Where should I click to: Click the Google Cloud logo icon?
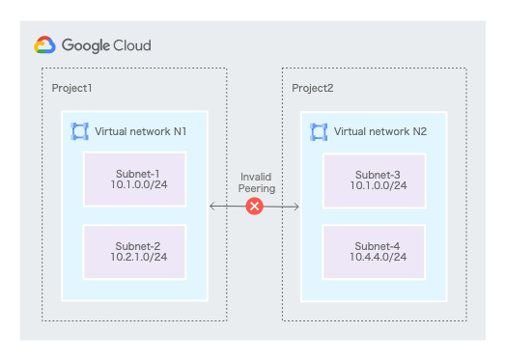point(44,44)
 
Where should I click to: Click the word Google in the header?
point(86,45)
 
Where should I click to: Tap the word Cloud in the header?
point(132,45)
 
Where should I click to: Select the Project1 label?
point(71,88)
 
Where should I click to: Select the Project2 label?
point(313,88)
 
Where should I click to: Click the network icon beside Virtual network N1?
point(79,131)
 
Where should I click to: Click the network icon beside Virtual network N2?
point(319,132)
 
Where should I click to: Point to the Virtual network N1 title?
point(140,131)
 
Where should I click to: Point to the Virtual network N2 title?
point(380,131)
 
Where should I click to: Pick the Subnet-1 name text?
point(138,174)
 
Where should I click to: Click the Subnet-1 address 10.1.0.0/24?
point(139,185)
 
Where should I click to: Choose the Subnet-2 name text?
point(138,246)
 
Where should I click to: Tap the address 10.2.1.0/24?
point(139,257)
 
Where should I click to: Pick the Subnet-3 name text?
point(378,175)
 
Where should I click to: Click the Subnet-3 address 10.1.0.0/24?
point(379,185)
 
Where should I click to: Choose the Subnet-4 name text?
point(378,246)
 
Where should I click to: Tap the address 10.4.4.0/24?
point(379,257)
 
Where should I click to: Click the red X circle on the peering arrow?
point(255,207)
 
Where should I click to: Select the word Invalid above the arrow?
point(256,177)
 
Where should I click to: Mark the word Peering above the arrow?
point(257,189)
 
